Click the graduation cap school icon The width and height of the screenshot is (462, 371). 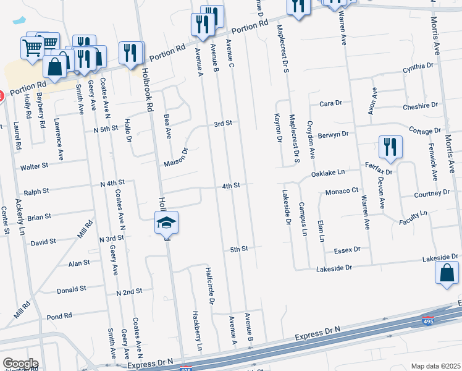pyautogui.click(x=166, y=222)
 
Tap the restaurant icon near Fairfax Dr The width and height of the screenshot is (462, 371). pyautogui.click(x=390, y=147)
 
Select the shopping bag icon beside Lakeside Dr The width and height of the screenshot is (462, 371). pyautogui.click(x=447, y=273)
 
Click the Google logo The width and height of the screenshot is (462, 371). pyautogui.click(x=20, y=364)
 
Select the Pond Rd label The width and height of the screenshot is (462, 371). pyautogui.click(x=59, y=317)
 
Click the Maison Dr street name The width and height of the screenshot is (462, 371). pyautogui.click(x=175, y=158)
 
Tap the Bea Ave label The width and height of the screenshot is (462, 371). pyautogui.click(x=167, y=126)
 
